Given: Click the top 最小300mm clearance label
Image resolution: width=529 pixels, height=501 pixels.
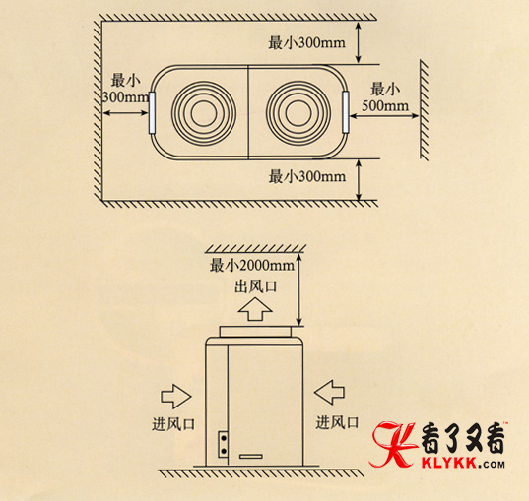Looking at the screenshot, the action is (306, 43).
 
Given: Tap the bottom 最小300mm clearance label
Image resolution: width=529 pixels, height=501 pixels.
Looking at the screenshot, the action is (307, 176).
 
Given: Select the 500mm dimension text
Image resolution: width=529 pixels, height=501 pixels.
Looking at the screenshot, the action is (385, 105).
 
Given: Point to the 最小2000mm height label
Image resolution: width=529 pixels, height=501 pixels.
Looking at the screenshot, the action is (252, 266).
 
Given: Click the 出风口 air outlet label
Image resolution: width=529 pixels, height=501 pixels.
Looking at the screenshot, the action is (256, 286).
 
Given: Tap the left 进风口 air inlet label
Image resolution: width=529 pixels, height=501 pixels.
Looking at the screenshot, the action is (173, 424).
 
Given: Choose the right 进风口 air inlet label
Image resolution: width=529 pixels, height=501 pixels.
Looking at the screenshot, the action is (337, 422).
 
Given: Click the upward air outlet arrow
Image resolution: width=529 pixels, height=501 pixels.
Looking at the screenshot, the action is (255, 309).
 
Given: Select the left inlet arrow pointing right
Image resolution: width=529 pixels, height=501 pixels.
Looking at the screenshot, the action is (176, 396).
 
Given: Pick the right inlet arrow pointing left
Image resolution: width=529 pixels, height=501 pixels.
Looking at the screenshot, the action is (329, 392).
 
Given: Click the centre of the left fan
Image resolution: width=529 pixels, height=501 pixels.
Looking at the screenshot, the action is (204, 113).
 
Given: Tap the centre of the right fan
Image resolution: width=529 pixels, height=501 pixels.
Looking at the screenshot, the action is (298, 113).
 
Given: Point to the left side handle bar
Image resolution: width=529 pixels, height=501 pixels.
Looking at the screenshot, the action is (152, 113).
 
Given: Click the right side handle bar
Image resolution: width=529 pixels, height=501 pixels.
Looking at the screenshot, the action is (345, 112).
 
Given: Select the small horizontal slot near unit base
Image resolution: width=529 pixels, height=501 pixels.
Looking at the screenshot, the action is (251, 457).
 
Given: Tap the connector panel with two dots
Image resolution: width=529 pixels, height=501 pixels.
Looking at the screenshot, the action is (223, 444).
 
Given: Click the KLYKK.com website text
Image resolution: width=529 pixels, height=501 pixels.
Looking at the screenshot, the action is (463, 464).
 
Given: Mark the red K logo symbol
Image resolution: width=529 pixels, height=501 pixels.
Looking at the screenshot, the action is (393, 445).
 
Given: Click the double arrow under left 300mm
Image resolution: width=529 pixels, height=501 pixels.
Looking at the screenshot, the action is (125, 113).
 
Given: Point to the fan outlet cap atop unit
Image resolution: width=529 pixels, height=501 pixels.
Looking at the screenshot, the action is (255, 332).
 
